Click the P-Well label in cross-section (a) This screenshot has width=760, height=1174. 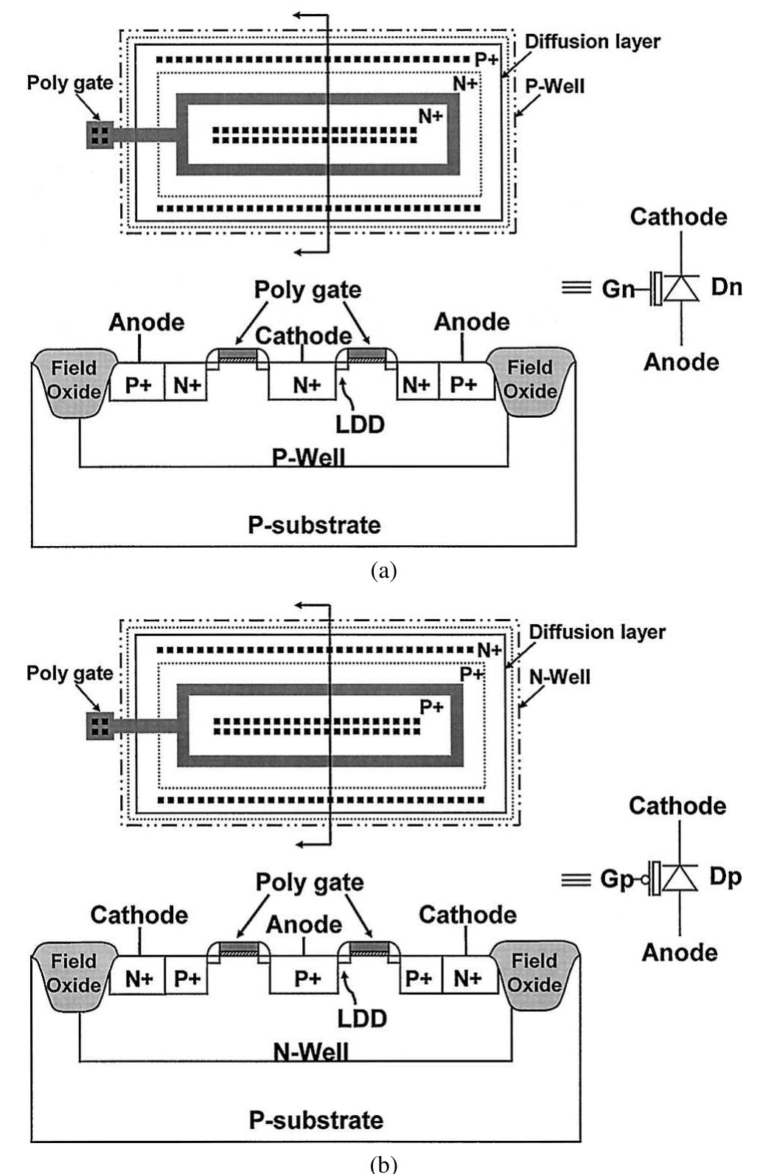tap(308, 457)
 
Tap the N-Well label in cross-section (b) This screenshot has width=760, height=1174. tap(310, 1052)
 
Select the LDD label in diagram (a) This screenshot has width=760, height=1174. tap(360, 424)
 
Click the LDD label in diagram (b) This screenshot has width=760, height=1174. tap(362, 1018)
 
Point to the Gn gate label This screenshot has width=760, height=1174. tap(617, 289)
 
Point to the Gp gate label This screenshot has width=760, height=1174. tap(617, 879)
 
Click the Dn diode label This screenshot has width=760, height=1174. tap(726, 287)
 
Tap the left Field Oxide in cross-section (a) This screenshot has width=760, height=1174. tap(74, 379)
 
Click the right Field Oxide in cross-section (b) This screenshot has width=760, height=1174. tap(534, 973)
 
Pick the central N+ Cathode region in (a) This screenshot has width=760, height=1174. tap(307, 385)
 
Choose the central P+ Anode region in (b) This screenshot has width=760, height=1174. tap(307, 978)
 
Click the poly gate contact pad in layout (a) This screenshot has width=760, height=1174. tap(100, 134)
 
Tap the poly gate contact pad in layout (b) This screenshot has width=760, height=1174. tap(100, 726)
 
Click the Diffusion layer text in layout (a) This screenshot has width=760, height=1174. tap(592, 41)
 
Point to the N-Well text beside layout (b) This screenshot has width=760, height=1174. tap(559, 677)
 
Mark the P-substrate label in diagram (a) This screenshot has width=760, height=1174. tap(314, 525)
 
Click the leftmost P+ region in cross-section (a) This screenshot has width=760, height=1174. tap(136, 385)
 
